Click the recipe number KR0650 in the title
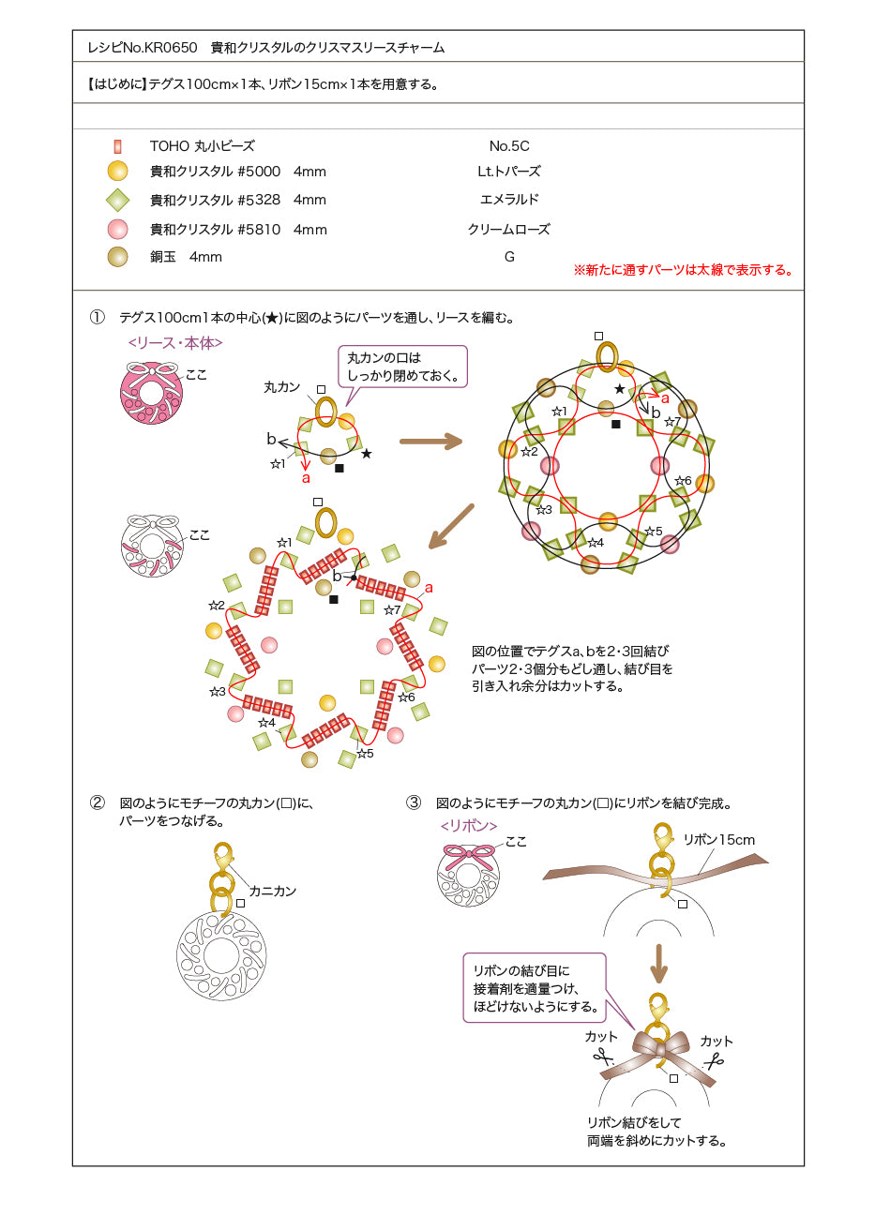click(x=171, y=48)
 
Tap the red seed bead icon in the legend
click(x=117, y=146)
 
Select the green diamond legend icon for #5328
click(x=117, y=200)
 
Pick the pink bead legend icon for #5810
click(x=117, y=229)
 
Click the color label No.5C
click(x=509, y=146)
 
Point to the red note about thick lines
click(x=684, y=270)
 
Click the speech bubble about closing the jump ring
click(x=402, y=367)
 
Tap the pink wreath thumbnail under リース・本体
click(x=151, y=392)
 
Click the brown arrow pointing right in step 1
click(x=431, y=441)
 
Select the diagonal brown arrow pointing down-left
click(x=451, y=526)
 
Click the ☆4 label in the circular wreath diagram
click(x=596, y=543)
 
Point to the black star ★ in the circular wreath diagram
click(x=620, y=389)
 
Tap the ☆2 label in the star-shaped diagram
click(x=217, y=605)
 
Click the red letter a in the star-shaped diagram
click(x=429, y=588)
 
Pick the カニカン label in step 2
click(x=273, y=891)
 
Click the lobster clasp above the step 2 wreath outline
click(x=222, y=858)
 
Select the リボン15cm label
click(x=719, y=840)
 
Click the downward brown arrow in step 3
click(x=658, y=964)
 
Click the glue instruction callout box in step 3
click(x=535, y=988)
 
